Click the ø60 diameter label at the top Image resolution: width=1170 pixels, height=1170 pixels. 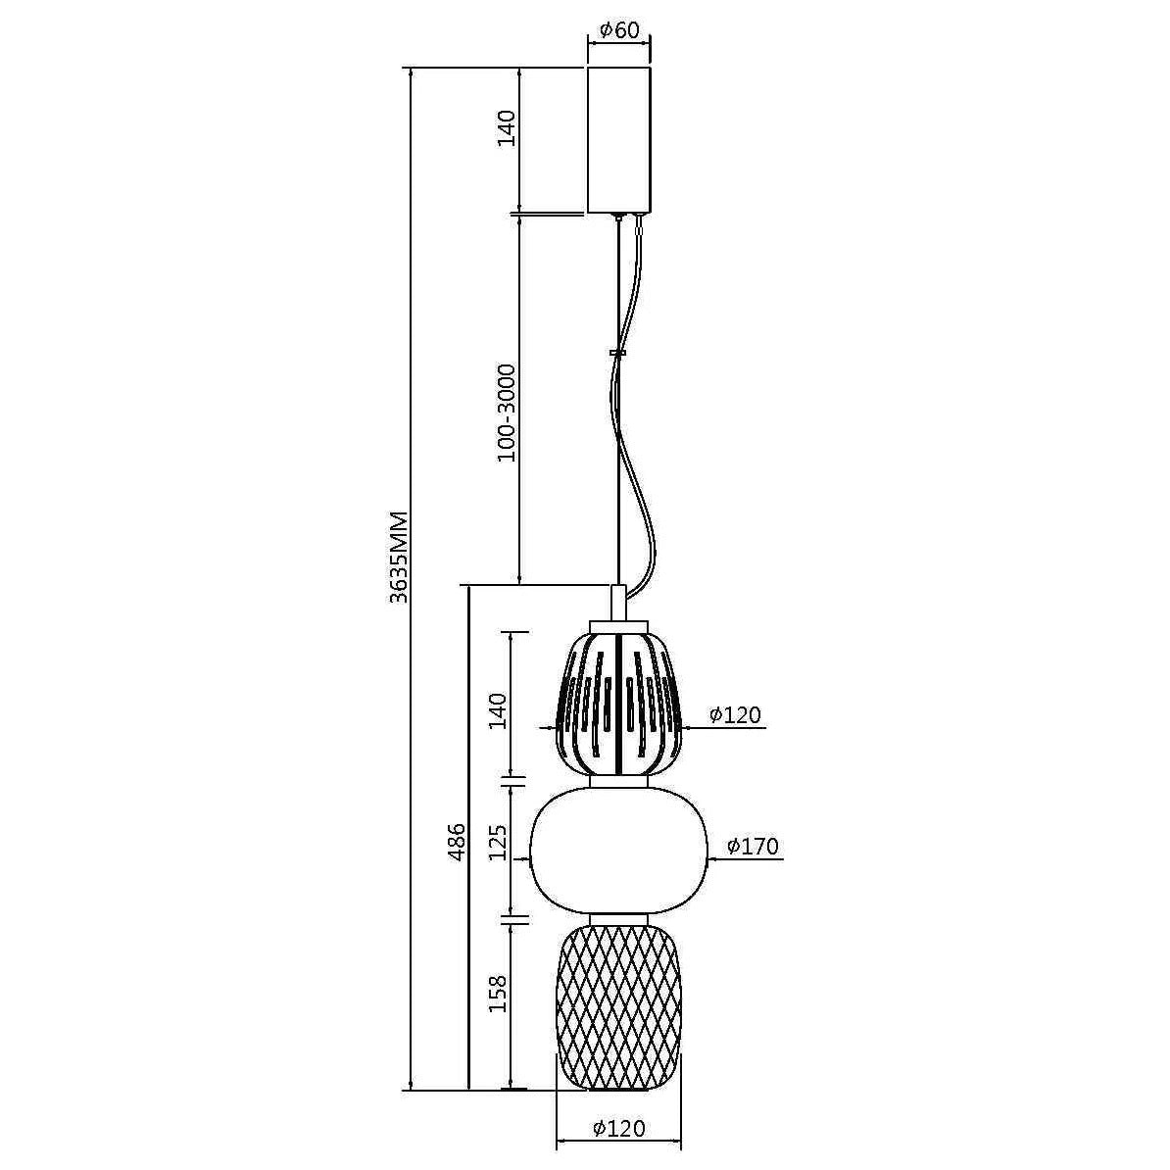tap(618, 30)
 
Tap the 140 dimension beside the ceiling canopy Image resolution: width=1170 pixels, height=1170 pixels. tap(507, 127)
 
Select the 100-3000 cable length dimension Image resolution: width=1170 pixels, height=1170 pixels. tap(507, 413)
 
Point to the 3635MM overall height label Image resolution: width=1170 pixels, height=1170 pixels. tap(399, 558)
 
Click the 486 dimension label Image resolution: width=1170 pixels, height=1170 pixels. tap(457, 841)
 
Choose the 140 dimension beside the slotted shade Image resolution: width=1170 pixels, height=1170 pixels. tap(498, 711)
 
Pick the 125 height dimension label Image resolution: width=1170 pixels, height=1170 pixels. tap(498, 842)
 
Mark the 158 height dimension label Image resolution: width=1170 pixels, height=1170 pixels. tap(498, 994)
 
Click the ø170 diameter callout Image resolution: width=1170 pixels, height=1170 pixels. tap(753, 846)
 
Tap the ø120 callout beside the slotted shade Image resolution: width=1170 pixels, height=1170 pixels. tap(735, 714)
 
